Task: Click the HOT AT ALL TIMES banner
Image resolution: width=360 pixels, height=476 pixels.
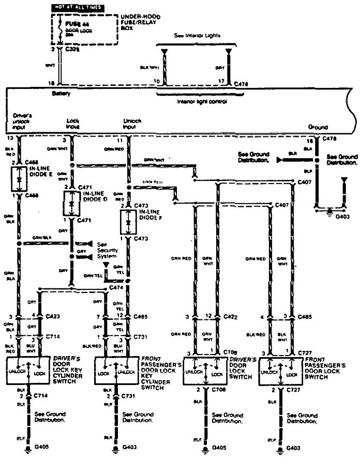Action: (76, 8)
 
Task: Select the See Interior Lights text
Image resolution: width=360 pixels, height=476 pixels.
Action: (197, 36)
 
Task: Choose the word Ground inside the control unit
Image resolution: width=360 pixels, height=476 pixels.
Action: (318, 127)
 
